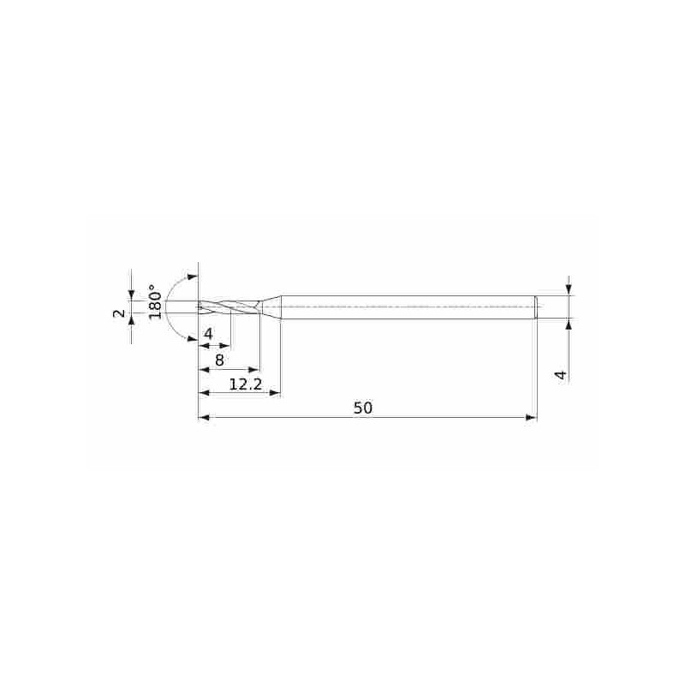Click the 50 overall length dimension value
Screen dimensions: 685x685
[x=362, y=408]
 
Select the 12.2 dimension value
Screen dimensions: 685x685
[x=246, y=384]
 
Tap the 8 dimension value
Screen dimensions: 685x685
[x=219, y=360]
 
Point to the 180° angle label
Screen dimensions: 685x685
[x=155, y=302]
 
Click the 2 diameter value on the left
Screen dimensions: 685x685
[x=119, y=313]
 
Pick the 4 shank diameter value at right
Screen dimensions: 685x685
[x=561, y=374]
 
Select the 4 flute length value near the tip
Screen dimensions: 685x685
[x=208, y=334]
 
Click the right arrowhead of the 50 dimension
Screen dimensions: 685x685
[x=531, y=417]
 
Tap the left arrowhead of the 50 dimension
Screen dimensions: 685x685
[x=205, y=417]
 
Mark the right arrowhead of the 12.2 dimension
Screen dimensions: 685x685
[x=275, y=393]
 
